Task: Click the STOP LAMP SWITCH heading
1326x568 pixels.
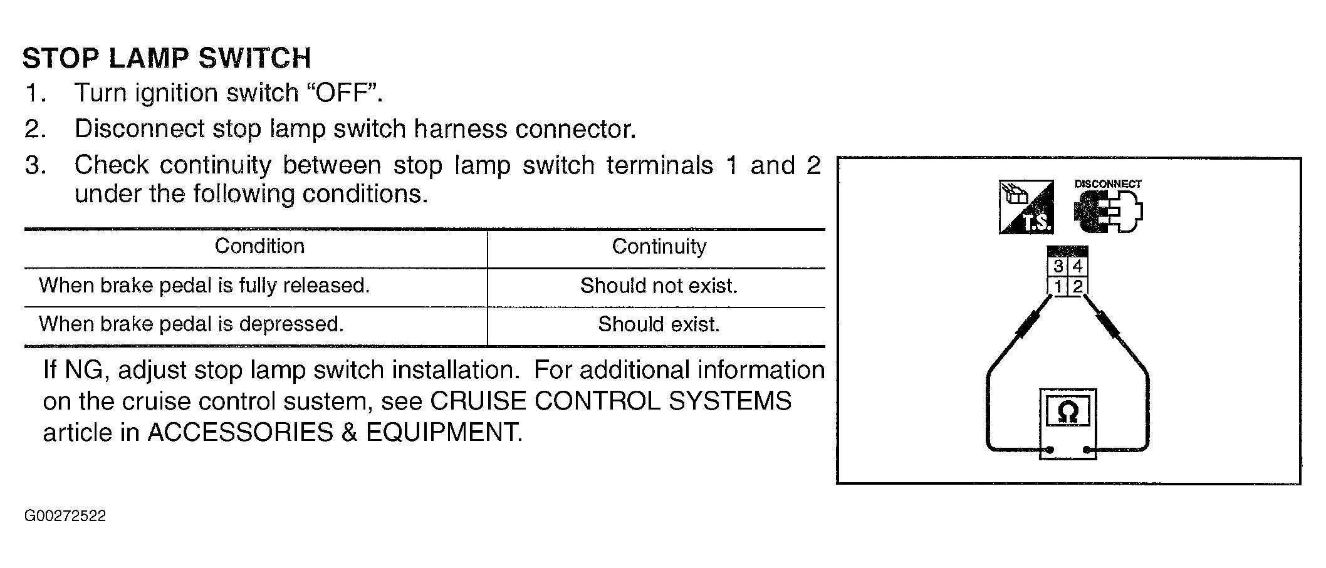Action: coord(167,58)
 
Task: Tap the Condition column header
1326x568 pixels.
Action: coord(259,246)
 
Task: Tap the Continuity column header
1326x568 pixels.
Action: coord(659,247)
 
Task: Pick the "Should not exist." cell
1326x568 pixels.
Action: coord(659,286)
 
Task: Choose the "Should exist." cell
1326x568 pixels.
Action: coord(659,324)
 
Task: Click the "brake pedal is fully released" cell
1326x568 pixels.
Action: coord(204,286)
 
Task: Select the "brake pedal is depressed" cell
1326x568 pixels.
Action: coord(191,324)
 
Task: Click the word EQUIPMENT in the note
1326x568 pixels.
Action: coord(444,432)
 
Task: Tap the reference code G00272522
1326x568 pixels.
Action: coord(65,516)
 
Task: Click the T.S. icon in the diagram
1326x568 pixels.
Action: coord(1026,207)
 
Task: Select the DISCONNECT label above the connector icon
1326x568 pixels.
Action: coord(1108,184)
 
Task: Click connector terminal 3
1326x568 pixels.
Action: coord(1058,267)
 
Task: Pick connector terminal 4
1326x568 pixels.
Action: coord(1077,267)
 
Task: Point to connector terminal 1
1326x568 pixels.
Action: coord(1058,287)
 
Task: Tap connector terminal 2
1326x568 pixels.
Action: coord(1077,287)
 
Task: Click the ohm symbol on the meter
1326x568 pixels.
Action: coord(1067,412)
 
